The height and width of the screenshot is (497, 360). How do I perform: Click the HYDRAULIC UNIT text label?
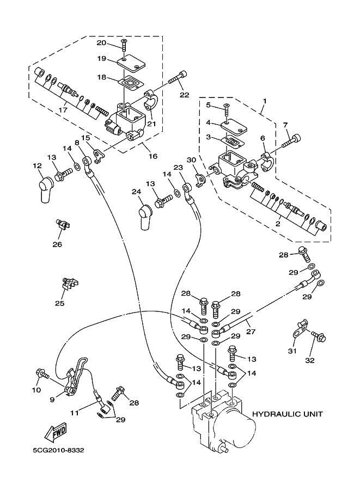click(x=288, y=414)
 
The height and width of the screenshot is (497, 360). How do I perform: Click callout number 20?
click(x=102, y=43)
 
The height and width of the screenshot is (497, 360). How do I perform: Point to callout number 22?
click(x=184, y=94)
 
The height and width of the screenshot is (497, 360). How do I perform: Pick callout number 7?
click(x=286, y=126)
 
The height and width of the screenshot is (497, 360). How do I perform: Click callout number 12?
click(x=36, y=165)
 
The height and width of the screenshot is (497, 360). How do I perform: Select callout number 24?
click(x=136, y=192)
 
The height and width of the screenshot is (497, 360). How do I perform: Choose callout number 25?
click(x=60, y=303)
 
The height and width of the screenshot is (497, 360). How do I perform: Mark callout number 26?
click(x=57, y=244)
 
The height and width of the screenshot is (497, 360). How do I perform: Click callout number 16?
click(x=153, y=156)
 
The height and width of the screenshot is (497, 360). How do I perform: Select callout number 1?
click(x=265, y=101)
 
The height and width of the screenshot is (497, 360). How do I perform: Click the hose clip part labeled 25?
click(x=70, y=284)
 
